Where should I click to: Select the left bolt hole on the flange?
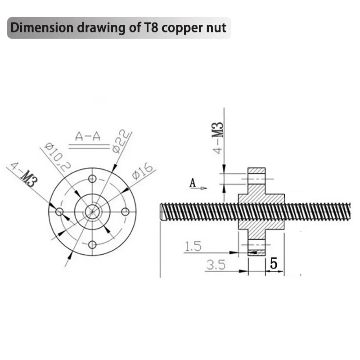59,211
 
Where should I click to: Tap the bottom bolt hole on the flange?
92,244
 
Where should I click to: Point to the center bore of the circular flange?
92,211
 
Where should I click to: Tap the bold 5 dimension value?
273,264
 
